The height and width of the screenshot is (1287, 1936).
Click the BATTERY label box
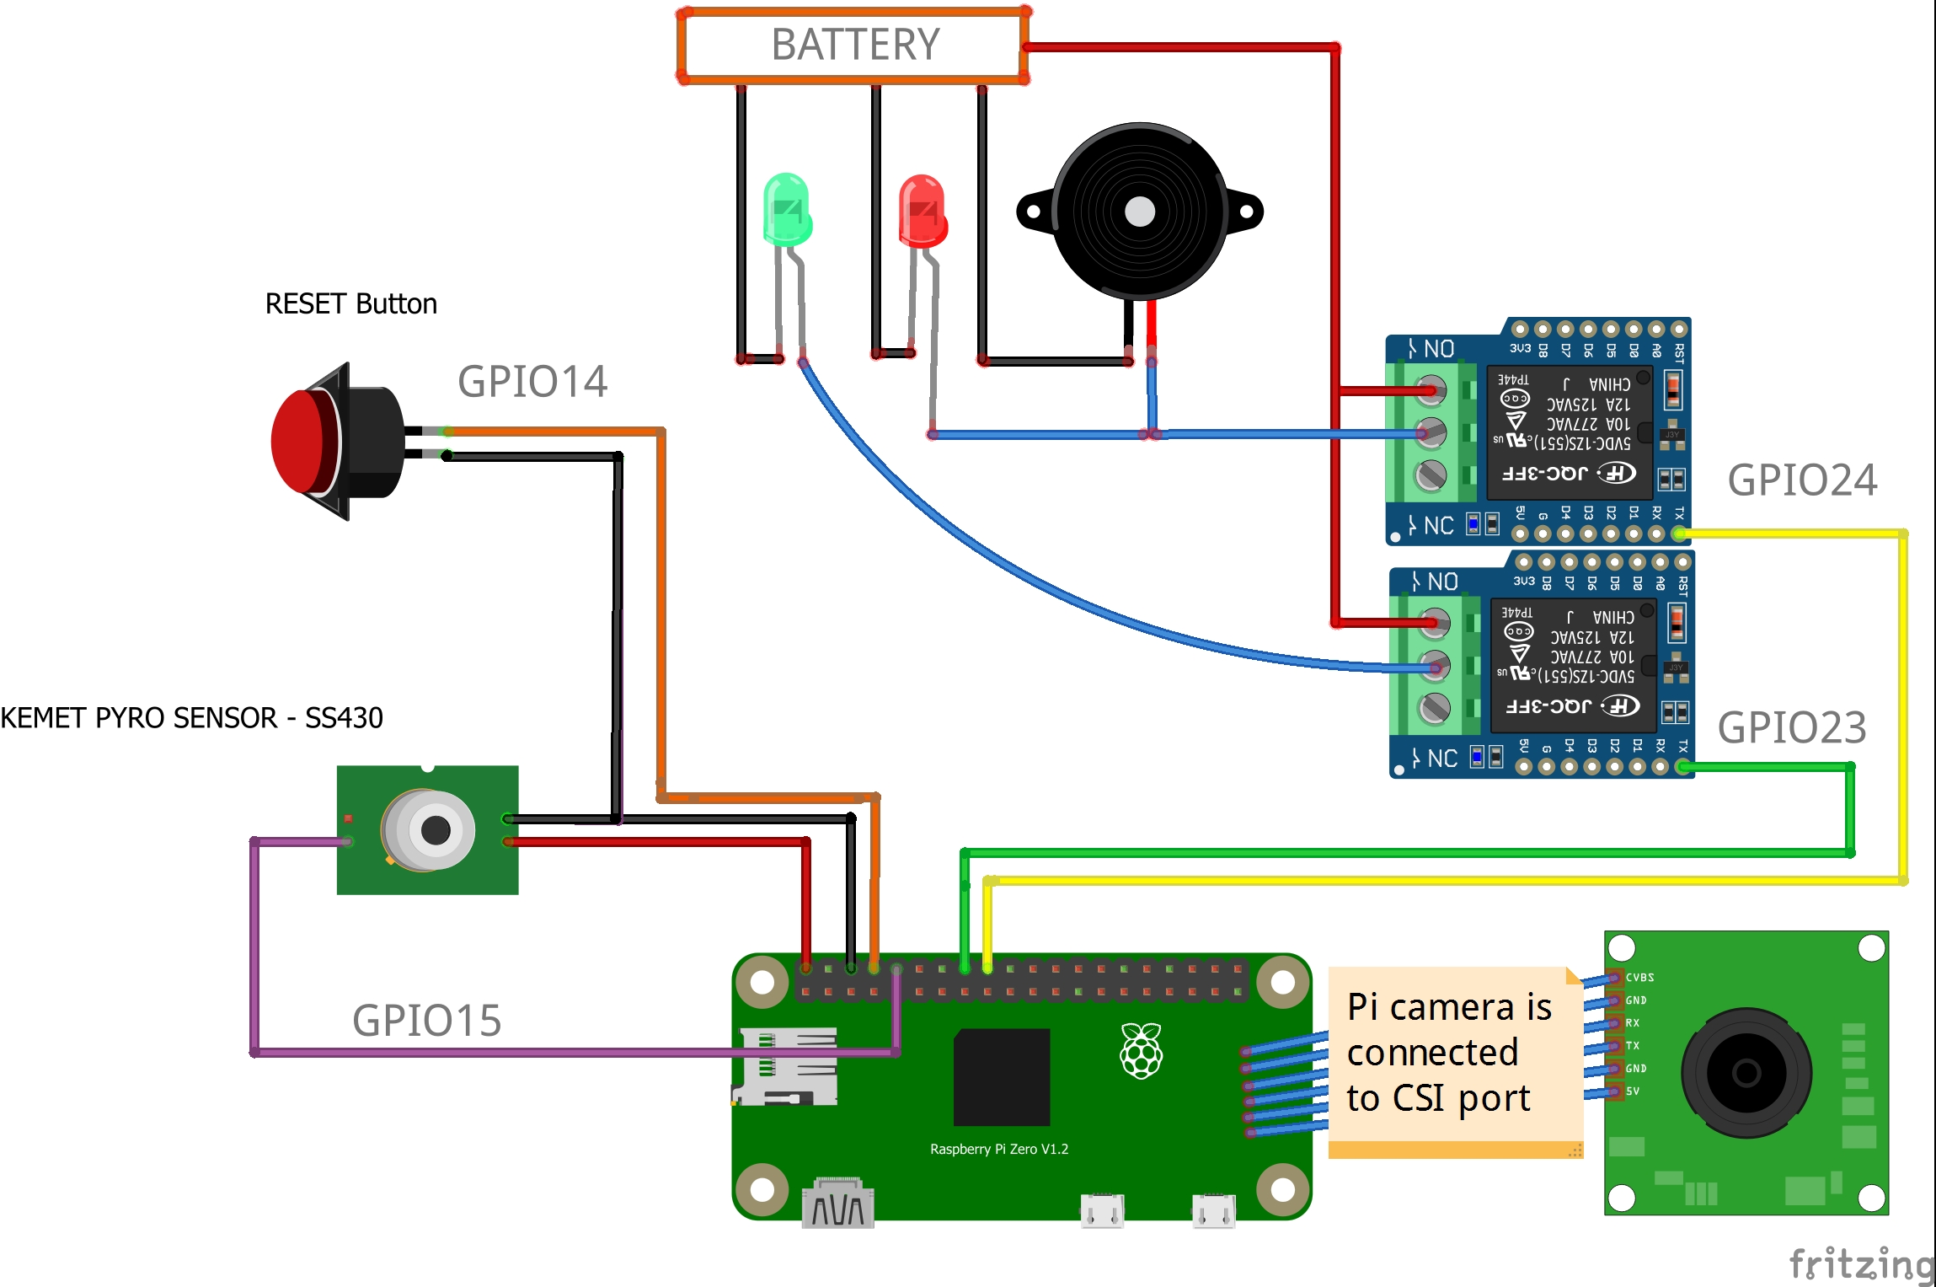854,45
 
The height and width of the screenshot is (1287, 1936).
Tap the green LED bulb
787,209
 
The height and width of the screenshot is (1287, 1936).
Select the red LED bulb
923,211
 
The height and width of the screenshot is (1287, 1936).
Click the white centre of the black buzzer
1140,212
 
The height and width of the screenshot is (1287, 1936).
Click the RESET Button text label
350,304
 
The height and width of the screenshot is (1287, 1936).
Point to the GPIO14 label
532,382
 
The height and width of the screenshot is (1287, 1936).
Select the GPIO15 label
426,1021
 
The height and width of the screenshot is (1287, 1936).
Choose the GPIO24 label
1802,480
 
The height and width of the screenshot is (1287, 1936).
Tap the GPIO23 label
1792,727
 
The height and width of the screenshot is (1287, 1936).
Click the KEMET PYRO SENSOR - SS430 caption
192,718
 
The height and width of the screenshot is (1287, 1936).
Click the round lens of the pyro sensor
435,830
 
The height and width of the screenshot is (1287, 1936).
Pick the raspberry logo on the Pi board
1142,1050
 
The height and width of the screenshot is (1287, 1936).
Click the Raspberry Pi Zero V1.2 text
999,1150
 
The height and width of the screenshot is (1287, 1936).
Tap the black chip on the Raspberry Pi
1002,1076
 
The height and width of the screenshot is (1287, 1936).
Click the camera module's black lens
1746,1073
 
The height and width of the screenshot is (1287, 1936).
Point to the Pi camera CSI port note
1449,1054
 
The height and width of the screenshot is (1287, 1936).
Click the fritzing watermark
1860,1264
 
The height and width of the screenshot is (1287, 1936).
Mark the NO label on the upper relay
1439,349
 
